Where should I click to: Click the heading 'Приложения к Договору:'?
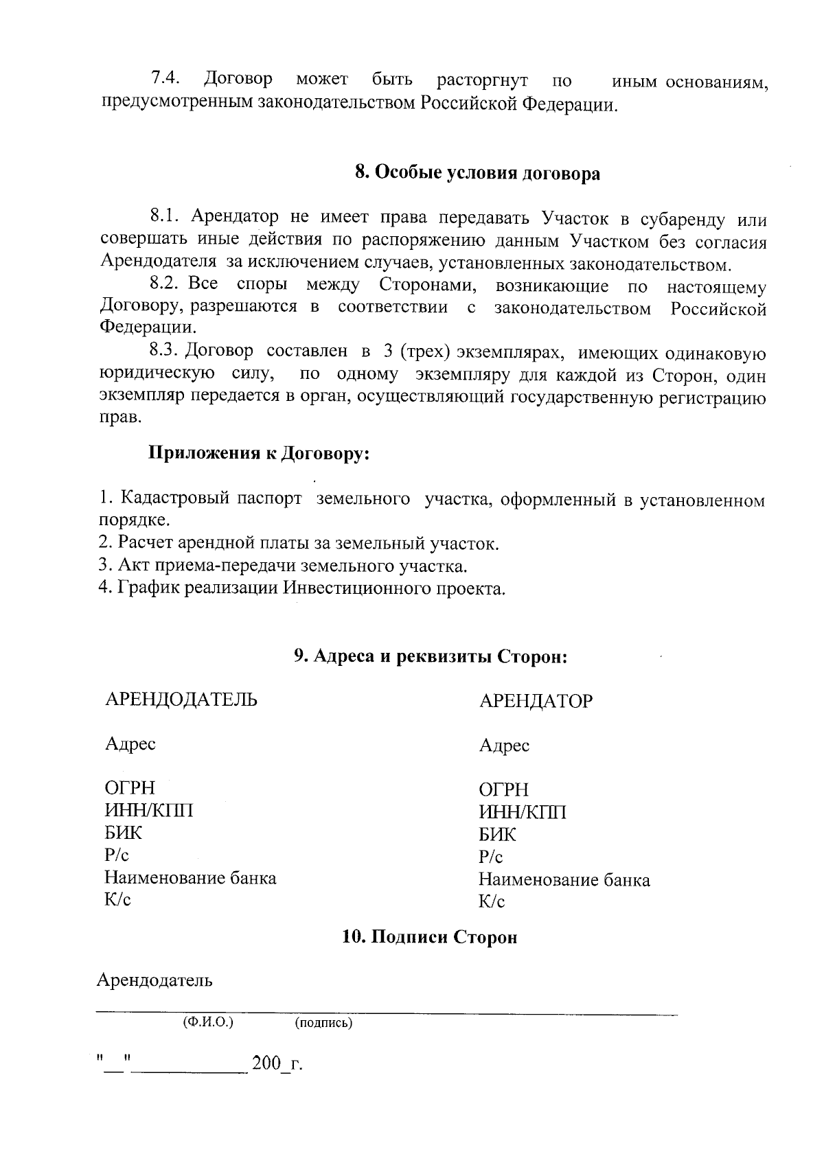(259, 454)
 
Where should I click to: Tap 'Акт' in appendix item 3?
(131, 566)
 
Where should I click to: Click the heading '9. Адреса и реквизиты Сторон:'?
(431, 656)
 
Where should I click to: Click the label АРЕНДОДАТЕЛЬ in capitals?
(181, 700)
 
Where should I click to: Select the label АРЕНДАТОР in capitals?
(536, 702)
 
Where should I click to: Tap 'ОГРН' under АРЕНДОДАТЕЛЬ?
(130, 787)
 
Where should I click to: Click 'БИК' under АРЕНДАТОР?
(497, 835)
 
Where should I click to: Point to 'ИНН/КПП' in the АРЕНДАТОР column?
(523, 812)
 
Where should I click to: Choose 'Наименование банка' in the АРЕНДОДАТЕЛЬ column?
(190, 878)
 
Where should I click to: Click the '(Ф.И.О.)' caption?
(208, 1022)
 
